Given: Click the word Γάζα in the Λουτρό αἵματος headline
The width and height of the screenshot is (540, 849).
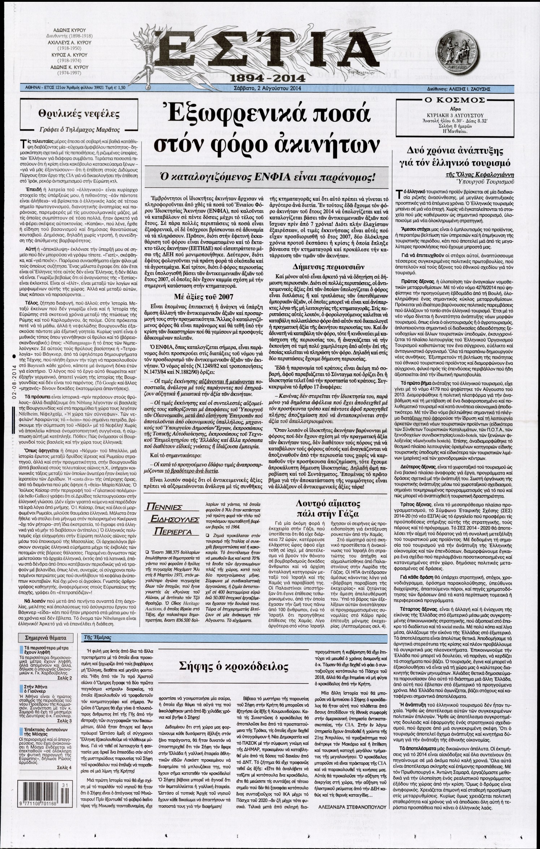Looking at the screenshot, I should (x=349, y=514).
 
